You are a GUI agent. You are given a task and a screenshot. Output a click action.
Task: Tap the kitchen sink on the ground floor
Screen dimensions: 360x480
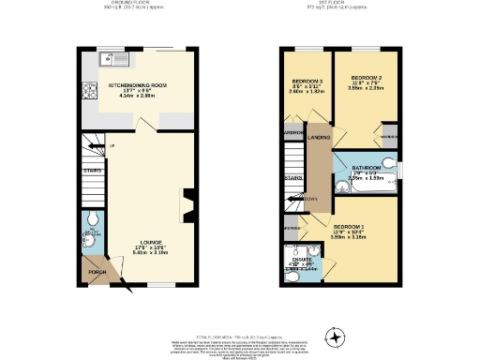[x=110, y=61]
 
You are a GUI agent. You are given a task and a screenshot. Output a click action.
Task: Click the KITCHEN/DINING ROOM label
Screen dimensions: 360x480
[x=138, y=85]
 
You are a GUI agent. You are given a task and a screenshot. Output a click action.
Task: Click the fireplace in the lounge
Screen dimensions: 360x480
[x=188, y=204]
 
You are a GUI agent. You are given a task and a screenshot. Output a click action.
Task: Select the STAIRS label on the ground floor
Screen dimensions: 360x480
[x=93, y=171]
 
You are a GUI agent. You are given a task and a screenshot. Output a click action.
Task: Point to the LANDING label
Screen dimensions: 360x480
[x=320, y=138]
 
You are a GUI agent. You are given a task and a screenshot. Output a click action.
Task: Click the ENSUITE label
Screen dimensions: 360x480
[x=302, y=259]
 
